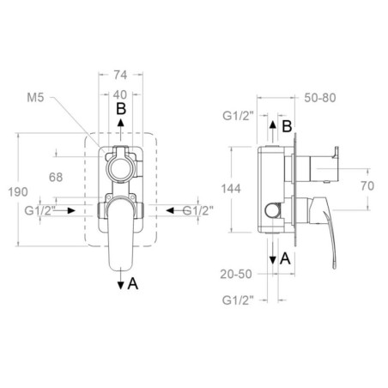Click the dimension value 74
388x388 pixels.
(120, 75)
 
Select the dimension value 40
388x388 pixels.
(120, 94)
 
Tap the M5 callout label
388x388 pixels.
(35, 98)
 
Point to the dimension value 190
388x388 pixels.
(18, 191)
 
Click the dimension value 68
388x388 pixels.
(56, 178)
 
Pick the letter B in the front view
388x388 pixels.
(121, 109)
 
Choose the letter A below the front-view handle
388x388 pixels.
(133, 284)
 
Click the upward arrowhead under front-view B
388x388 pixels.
(121, 123)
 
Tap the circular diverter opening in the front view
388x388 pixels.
(120, 169)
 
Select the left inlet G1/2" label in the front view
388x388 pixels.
(39, 211)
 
